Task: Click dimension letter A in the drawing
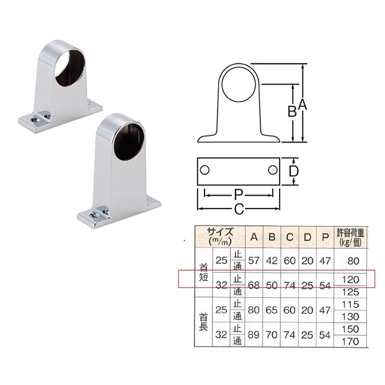pos(302,105)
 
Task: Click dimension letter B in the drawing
pos(292,111)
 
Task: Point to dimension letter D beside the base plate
pos(293,171)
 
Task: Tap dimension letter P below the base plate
pos(238,195)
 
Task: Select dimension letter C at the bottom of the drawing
pos(239,209)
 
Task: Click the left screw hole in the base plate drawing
pos(205,170)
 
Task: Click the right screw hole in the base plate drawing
pos(273,170)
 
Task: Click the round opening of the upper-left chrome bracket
pos(70,66)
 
